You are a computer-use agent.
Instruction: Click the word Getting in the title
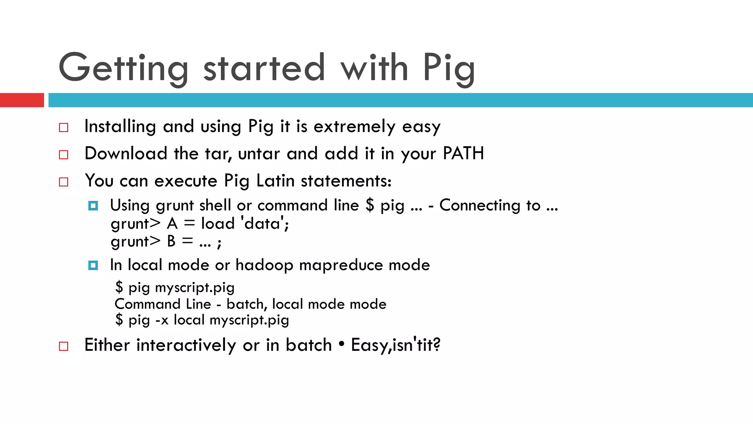123,68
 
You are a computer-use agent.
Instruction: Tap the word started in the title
264,68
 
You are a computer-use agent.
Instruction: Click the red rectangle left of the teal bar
22,100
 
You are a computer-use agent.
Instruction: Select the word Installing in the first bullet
120,127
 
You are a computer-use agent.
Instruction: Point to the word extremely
354,127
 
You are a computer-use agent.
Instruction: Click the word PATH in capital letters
463,153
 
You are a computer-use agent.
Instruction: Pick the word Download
126,153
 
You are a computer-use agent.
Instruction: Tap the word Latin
275,181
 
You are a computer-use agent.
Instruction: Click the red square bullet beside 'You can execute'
64,182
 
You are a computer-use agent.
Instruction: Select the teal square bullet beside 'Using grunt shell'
93,206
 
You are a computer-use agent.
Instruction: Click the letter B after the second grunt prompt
171,241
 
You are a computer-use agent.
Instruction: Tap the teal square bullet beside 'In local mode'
93,265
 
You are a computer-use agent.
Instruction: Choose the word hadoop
264,265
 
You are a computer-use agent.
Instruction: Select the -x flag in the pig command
162,320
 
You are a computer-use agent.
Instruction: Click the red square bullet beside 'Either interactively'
64,346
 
